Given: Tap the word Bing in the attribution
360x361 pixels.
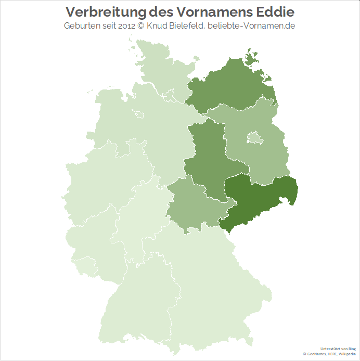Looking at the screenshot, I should point(352,349).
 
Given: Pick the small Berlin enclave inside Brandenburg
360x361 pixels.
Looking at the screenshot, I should point(253,138).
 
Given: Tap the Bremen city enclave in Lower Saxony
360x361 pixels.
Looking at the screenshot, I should point(138,113).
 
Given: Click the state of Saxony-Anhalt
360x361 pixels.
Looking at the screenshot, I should point(208,156).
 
